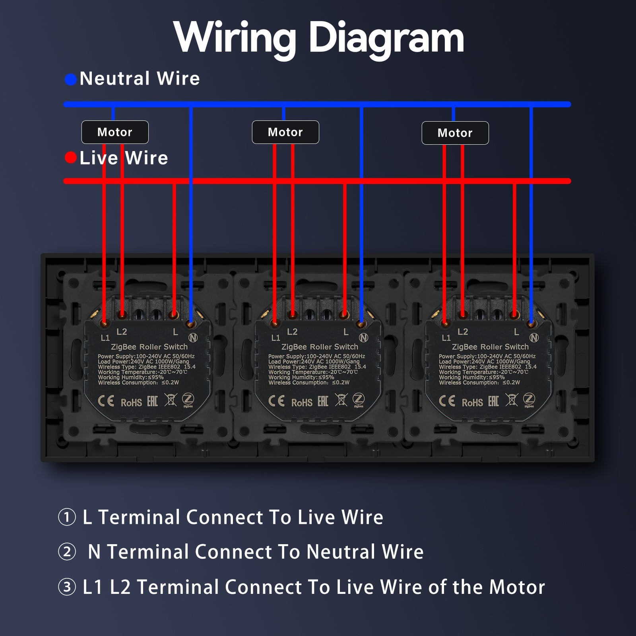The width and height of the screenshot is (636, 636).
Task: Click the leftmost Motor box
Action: [x=115, y=132]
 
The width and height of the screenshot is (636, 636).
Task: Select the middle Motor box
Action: [x=285, y=132]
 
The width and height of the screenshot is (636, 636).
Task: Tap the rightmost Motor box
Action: [x=455, y=133]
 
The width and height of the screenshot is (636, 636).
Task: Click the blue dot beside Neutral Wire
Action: [x=71, y=79]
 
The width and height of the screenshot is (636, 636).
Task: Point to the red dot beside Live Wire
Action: [x=71, y=158]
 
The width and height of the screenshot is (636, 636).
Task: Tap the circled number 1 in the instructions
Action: [x=67, y=518]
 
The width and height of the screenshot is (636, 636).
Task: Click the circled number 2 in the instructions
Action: [x=67, y=552]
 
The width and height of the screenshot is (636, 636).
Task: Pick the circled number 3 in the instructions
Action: [x=67, y=587]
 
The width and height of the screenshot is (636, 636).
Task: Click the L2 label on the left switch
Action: [x=122, y=332]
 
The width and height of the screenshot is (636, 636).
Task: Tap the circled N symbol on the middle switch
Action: [x=363, y=338]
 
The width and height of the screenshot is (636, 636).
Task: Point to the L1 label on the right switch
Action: [x=446, y=338]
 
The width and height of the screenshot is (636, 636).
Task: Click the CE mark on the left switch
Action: [x=106, y=401]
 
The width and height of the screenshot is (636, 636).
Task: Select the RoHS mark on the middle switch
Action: [x=302, y=403]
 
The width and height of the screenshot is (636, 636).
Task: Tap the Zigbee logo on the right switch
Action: [x=529, y=399]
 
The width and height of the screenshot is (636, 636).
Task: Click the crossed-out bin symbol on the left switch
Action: [x=171, y=399]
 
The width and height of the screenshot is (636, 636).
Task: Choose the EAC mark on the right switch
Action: [x=493, y=401]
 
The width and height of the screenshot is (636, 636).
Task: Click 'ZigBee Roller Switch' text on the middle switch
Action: [x=320, y=347]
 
